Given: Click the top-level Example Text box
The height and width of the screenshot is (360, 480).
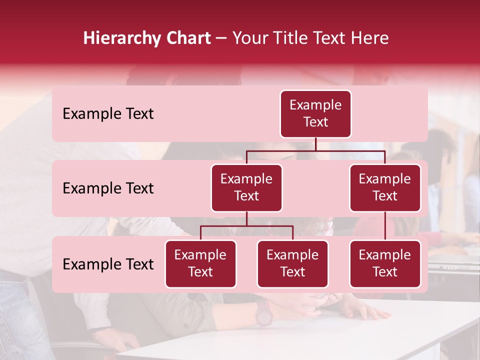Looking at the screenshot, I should pos(315,114).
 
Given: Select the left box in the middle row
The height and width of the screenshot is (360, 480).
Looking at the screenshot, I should pos(246,188).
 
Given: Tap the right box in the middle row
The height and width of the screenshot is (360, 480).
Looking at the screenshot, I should pos(385,188).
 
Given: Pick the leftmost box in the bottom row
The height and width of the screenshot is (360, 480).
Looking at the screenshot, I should pos(200,264).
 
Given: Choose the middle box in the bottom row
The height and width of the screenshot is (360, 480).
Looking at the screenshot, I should pos(292,264).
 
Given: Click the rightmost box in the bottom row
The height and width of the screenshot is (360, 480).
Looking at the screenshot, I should pos(385,264).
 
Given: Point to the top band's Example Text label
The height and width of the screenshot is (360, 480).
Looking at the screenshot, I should pos(108,114).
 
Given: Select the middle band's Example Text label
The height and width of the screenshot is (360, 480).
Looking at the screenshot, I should pos(108,188).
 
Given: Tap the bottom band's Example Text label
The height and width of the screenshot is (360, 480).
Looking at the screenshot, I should pos(108,264).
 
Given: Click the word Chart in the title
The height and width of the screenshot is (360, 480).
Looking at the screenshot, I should pos(186,38).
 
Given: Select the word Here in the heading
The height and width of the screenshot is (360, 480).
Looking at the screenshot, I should pos(370,38).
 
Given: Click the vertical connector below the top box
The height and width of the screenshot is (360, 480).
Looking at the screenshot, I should pos(315,144).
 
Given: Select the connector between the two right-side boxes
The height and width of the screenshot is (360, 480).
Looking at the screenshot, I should pos(385,226).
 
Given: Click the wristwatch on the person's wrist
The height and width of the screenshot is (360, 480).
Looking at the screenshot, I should pos(263,313).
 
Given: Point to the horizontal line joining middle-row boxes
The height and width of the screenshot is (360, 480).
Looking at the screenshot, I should pos(315,150).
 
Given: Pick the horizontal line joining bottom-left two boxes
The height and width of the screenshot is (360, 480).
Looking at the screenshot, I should pos(246,226).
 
